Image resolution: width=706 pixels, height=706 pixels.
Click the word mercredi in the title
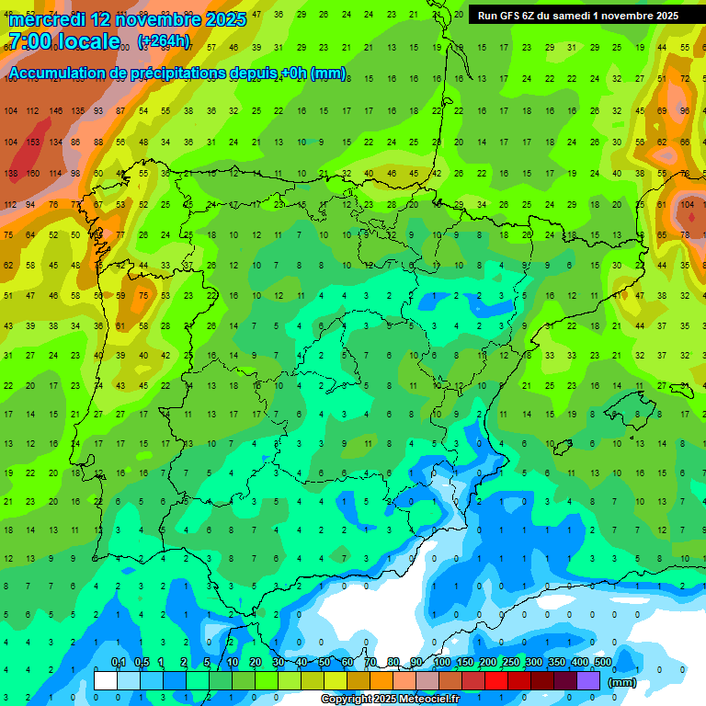(46, 19)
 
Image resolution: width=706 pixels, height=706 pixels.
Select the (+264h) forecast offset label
(164, 41)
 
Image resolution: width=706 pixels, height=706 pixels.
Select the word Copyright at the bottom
(347, 700)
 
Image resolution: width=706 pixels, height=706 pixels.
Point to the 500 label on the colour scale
(602, 663)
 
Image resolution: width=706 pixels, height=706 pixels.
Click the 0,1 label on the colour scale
(118, 663)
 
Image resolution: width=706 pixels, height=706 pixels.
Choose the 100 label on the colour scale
(441, 663)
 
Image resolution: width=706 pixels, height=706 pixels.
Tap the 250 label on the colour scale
(510, 663)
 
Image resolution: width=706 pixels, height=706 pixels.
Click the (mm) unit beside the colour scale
(623, 682)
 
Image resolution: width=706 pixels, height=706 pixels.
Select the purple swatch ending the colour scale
(589, 680)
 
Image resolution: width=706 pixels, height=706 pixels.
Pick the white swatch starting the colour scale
(106, 680)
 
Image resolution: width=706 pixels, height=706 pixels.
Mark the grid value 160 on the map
(33, 174)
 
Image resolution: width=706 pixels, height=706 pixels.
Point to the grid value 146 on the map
(56, 111)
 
